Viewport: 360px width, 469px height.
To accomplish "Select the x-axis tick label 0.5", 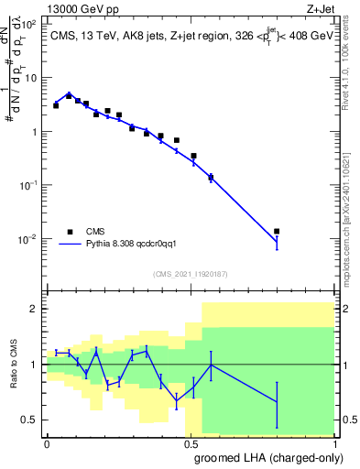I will tap(191, 444).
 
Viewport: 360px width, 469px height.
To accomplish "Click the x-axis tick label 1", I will tap(334, 444).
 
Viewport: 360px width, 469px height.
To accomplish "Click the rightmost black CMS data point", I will tap(277, 232).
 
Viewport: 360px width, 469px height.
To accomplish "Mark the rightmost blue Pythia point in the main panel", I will tap(277, 242).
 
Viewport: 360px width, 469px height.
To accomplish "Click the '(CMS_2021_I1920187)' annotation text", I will tap(190, 272).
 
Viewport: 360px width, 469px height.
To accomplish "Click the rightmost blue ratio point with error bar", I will tap(277, 401).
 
